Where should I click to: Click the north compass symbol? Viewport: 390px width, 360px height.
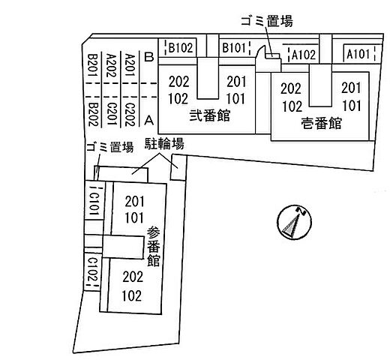pyautogui.click(x=294, y=222)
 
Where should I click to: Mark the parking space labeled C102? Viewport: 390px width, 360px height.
pyautogui.click(x=92, y=271)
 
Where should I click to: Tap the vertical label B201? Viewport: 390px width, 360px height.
pyautogui.click(x=93, y=65)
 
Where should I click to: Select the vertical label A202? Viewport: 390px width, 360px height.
pyautogui.click(x=111, y=65)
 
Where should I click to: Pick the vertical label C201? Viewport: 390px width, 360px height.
pyautogui.click(x=111, y=114)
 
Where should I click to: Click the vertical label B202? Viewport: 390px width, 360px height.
pyautogui.click(x=93, y=115)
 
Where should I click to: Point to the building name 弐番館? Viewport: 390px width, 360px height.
pyautogui.click(x=209, y=115)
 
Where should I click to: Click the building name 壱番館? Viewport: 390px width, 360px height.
pyautogui.click(x=321, y=123)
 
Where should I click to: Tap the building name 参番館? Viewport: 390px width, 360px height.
pyautogui.click(x=153, y=247)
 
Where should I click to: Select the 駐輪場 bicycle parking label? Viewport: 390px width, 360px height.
pyautogui.click(x=164, y=143)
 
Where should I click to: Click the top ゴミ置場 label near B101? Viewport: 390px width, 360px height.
pyautogui.click(x=267, y=21)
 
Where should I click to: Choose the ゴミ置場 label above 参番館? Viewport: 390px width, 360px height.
pyautogui.click(x=109, y=146)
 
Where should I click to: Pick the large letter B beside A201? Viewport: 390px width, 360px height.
pyautogui.click(x=149, y=57)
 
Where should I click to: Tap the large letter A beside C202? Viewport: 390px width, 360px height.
pyautogui.click(x=149, y=120)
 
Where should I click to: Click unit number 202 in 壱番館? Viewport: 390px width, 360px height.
pyautogui.click(x=291, y=88)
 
